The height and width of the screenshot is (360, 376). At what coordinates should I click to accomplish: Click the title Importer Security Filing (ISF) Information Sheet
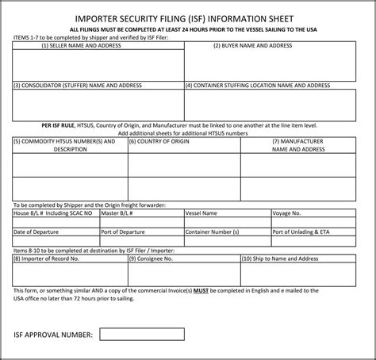pyautogui.click(x=187, y=15)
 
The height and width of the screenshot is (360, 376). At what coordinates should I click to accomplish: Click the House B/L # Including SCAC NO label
pyautogui.click(x=53, y=213)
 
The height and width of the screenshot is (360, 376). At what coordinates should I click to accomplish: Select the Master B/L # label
pyautogui.click(x=117, y=213)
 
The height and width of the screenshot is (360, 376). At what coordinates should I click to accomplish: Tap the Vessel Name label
pyautogui.click(x=201, y=213)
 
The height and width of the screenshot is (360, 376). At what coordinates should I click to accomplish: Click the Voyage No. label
pyautogui.click(x=286, y=213)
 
